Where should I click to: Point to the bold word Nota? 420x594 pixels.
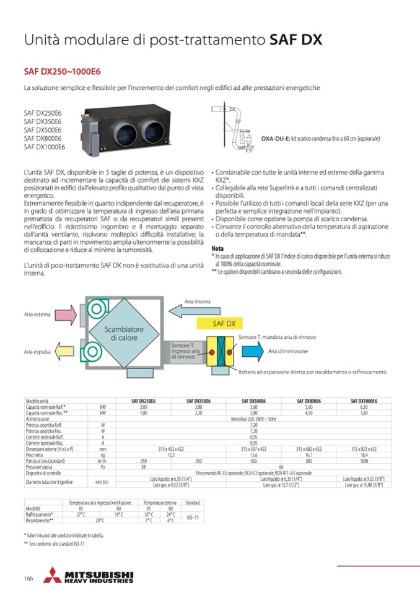[x=218, y=248]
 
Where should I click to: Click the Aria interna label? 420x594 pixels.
[x=198, y=302]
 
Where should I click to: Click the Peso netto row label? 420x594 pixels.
[x=36, y=454]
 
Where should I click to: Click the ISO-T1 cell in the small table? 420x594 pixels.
[x=192, y=517]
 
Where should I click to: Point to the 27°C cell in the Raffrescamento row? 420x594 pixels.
[x=81, y=513]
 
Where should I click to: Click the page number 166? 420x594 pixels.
[x=28, y=579]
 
